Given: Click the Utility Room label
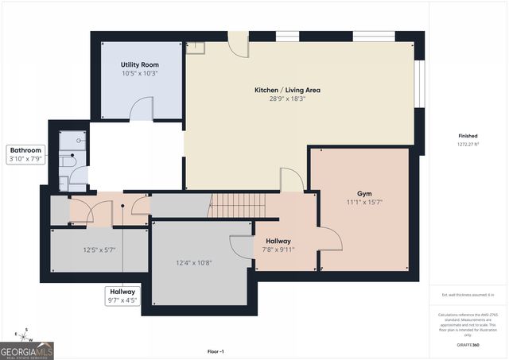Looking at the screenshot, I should pos(139,64).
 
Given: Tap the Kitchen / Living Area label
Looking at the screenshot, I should pos(287,90).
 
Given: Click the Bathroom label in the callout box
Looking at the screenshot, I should pos(25,149).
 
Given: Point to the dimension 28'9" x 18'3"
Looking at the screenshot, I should pos(287,99).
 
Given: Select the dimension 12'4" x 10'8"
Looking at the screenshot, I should pos(194,263).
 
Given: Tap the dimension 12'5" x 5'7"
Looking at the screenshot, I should pos(100,250).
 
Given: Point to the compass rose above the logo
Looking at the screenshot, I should pos(25,333).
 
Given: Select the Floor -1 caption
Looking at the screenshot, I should pos(216,351).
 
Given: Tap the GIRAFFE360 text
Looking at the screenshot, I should pos(469,346).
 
